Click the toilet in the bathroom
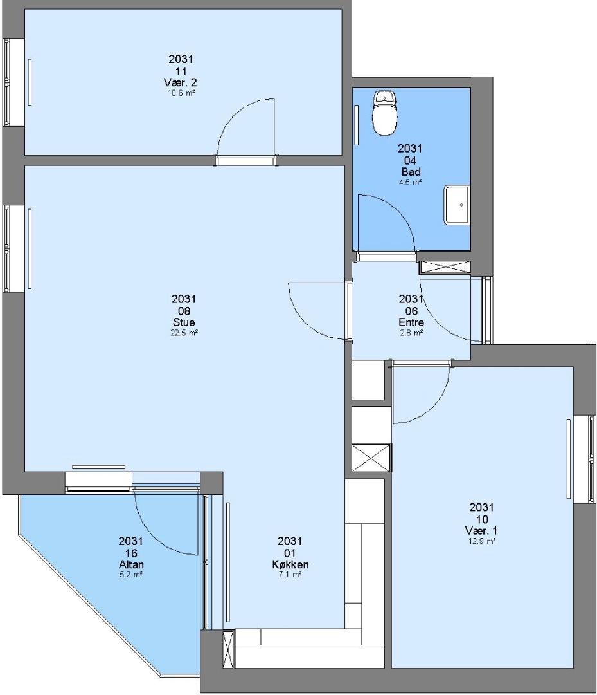pos(385,113)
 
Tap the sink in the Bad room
pos(456,205)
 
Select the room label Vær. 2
pos(180,82)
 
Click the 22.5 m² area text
pos(184,333)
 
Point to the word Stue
pos(184,322)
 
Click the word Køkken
pos(290,564)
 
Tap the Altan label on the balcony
pos(132,564)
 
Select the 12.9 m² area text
pos(482,541)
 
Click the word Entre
pos(411,322)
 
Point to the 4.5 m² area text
pos(410,182)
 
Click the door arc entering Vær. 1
pos(434,407)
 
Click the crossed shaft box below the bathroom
pos(445,267)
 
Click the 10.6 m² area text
pos(181,93)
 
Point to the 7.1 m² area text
pos(290,575)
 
